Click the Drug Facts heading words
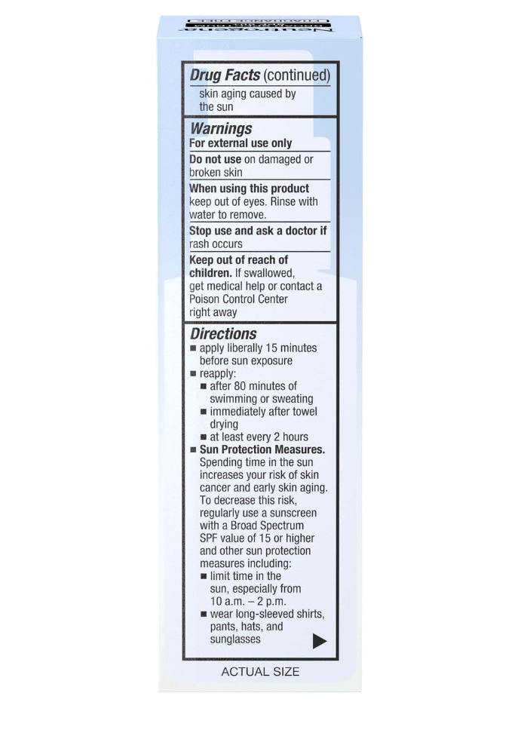(x=225, y=75)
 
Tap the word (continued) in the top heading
(x=297, y=75)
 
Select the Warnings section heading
(x=221, y=128)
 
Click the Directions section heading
(x=223, y=333)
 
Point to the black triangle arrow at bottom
(x=320, y=641)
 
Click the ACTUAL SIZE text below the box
(x=260, y=672)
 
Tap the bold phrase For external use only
(x=241, y=143)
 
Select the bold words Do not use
(x=215, y=160)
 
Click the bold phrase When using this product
(x=249, y=189)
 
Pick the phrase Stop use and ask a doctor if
(x=258, y=231)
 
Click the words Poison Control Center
(x=238, y=299)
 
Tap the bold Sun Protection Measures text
(x=262, y=449)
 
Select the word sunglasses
(x=235, y=639)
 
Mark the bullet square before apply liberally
(x=193, y=348)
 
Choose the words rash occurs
(x=216, y=244)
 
